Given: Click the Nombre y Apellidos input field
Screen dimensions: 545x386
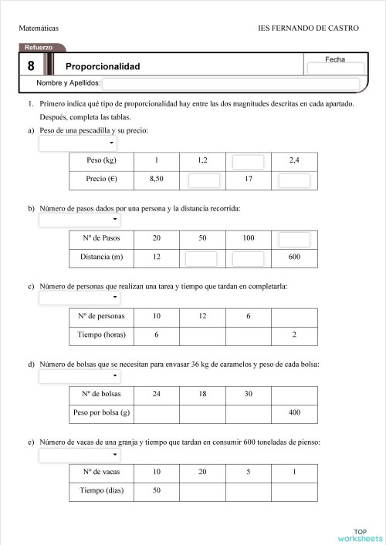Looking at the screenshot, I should [x=230, y=83].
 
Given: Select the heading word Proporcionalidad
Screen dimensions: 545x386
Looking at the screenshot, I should [x=103, y=66].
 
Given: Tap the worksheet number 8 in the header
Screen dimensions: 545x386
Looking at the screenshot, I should [x=31, y=66].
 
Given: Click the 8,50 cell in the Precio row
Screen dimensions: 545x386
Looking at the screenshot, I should [x=156, y=180].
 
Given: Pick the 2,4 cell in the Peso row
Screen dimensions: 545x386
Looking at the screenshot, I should [x=293, y=160].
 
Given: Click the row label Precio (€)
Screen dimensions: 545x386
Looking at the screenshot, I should [x=101, y=180].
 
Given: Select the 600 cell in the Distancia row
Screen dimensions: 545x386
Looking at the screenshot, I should [x=293, y=257].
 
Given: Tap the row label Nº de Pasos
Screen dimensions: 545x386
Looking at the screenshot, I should [x=101, y=238].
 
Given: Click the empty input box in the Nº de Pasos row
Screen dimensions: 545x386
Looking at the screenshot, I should [x=293, y=238].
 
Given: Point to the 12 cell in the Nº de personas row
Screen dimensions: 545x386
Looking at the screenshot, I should [x=202, y=316].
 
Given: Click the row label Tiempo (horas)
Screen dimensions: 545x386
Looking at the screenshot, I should [x=101, y=335].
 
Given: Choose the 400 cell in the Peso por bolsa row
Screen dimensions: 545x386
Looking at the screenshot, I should [x=293, y=413].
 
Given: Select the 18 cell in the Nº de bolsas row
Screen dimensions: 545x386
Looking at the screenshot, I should [x=202, y=394].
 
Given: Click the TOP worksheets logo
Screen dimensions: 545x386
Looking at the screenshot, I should [x=359, y=535].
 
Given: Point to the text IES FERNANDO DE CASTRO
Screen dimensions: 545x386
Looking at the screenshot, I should [x=308, y=28].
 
